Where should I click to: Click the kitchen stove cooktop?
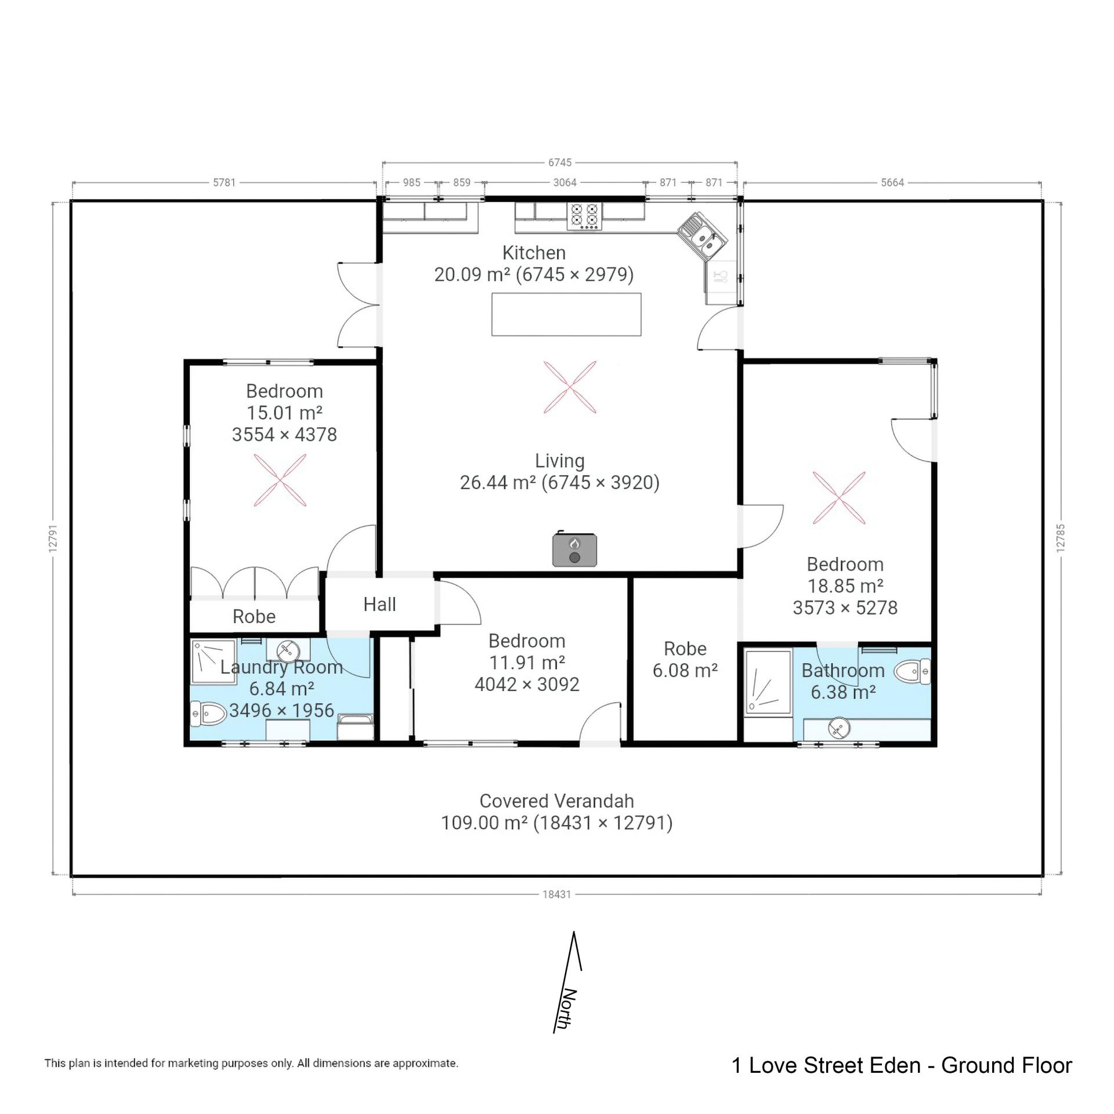coord(585,216)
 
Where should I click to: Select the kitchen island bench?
coord(566,314)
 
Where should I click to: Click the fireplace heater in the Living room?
coord(574,549)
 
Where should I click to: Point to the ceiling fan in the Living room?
coord(570,387)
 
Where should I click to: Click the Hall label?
coord(379,604)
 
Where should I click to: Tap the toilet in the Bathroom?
coord(912,672)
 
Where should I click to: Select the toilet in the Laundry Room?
coord(208,714)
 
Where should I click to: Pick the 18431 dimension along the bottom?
coord(556,894)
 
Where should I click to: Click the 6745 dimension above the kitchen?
coord(560,162)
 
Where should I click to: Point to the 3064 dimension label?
coord(565,183)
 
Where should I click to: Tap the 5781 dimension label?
coord(224,183)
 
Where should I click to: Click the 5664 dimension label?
coord(892,183)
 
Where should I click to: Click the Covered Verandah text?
coord(556,801)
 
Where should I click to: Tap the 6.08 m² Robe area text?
coord(685,671)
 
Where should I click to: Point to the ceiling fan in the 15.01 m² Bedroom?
coord(280,480)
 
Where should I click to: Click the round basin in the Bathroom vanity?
coord(838,728)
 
